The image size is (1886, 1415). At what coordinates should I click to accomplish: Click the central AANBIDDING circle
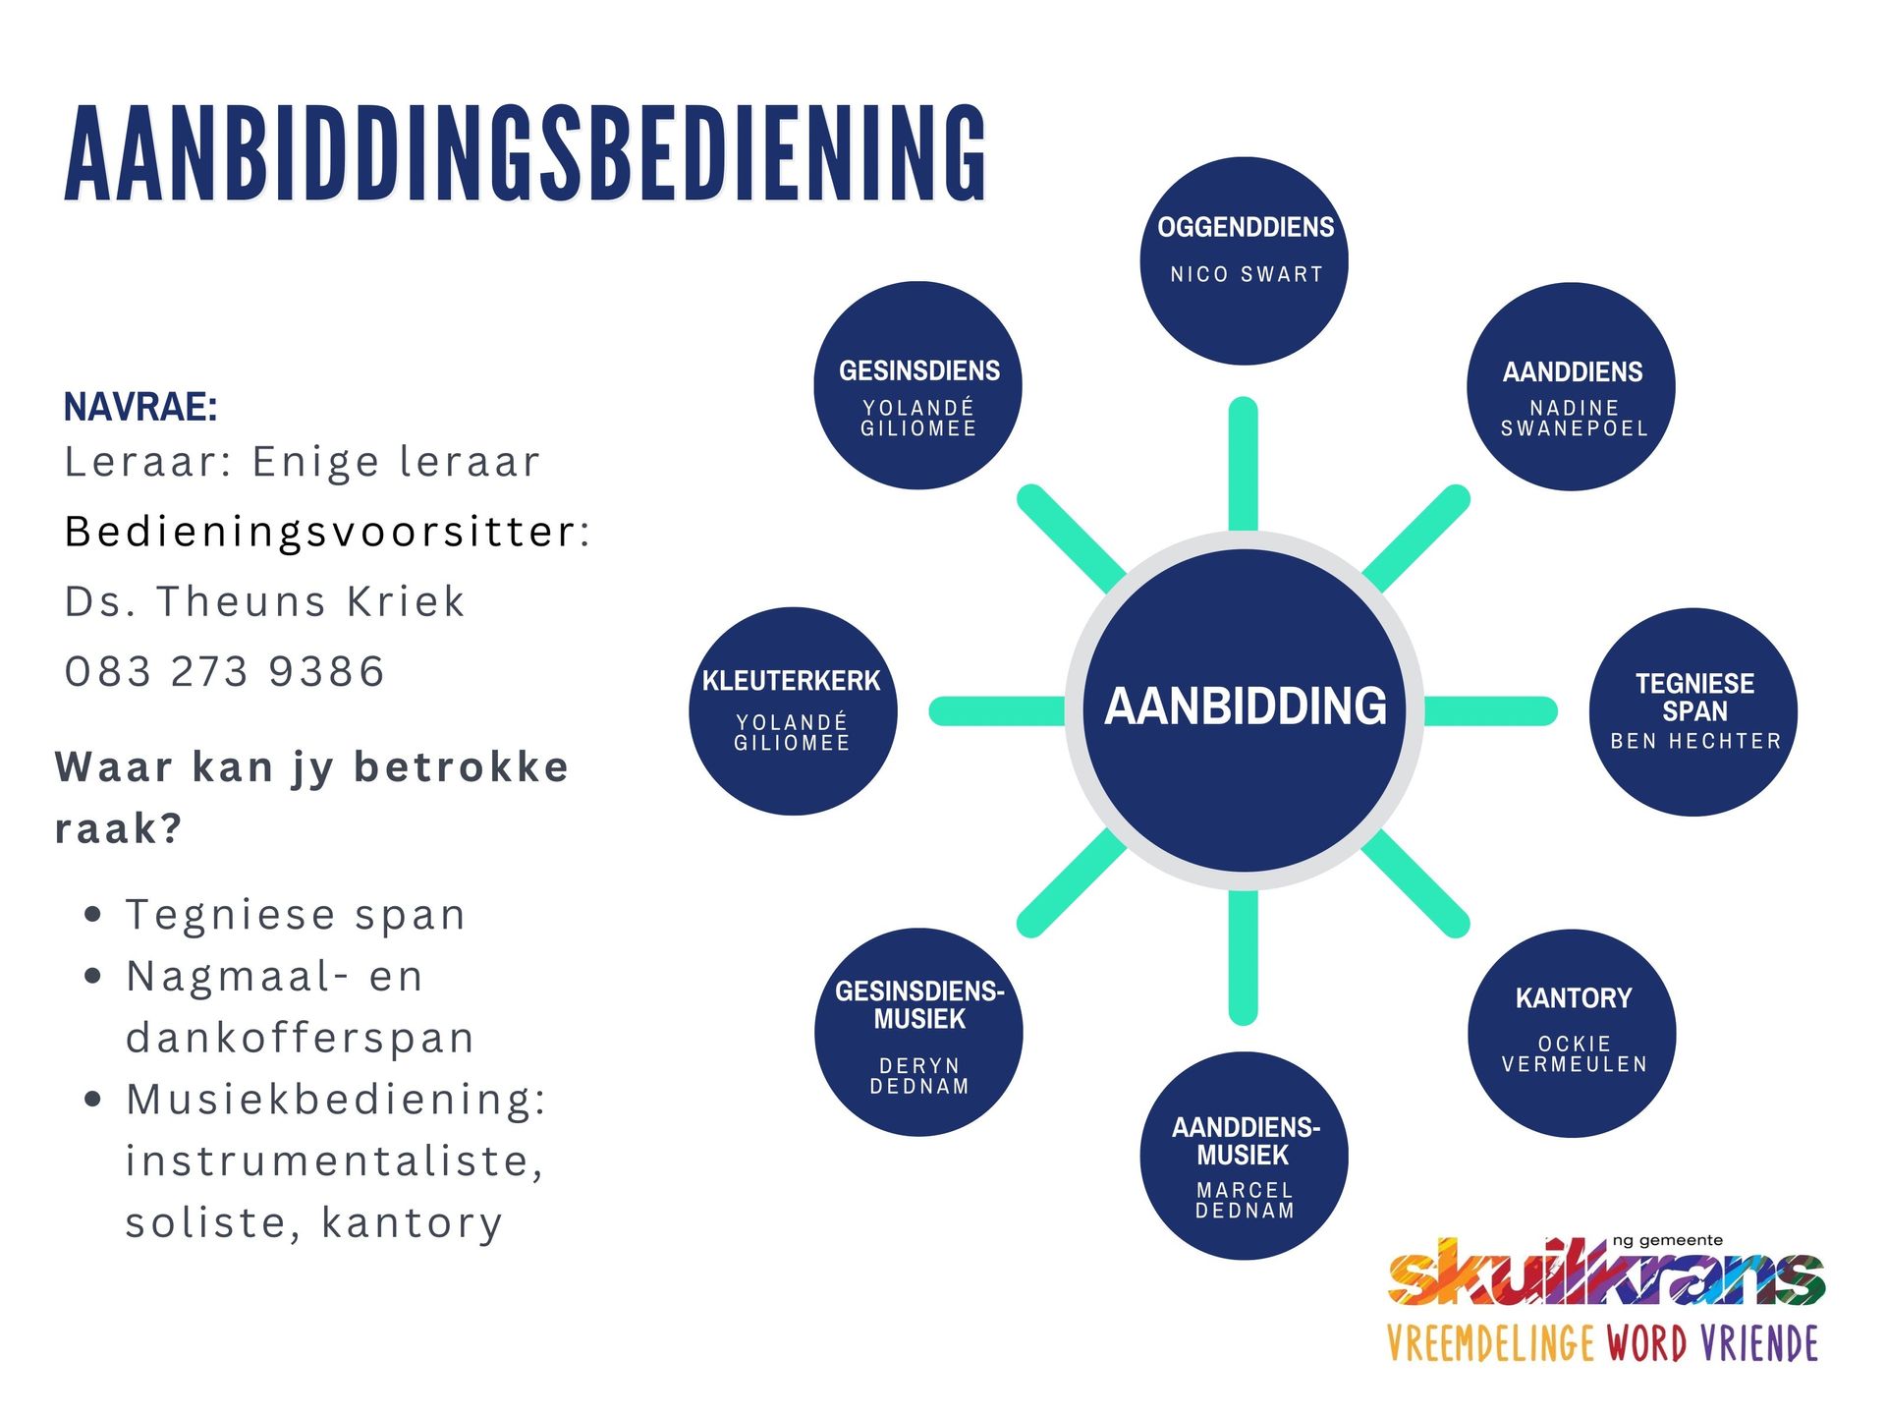1244,709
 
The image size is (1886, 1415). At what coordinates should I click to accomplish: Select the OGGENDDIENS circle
1244,261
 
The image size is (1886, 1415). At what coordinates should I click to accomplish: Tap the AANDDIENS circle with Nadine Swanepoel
1571,386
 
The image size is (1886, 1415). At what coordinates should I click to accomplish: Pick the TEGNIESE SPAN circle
1693,711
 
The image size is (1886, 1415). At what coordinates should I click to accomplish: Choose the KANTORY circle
1572,1033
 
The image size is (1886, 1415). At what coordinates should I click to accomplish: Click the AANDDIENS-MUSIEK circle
1244,1156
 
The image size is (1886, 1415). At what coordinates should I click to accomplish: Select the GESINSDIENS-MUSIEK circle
918,1032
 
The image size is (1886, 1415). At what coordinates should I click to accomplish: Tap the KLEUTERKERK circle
793,710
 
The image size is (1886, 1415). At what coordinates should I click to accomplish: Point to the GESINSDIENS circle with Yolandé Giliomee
917,385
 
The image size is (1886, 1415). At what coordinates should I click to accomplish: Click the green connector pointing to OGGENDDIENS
1244,464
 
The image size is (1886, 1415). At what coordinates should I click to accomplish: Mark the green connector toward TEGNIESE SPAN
1489,710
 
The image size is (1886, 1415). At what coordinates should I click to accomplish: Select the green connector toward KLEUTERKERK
997,710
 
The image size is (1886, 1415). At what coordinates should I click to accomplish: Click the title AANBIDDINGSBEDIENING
526,154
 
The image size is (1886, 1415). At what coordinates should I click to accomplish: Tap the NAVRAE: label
140,406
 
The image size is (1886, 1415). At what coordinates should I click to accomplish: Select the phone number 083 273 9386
224,672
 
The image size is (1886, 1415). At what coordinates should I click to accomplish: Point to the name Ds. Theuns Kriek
264,601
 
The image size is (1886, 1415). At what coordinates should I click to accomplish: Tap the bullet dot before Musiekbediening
93,1099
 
